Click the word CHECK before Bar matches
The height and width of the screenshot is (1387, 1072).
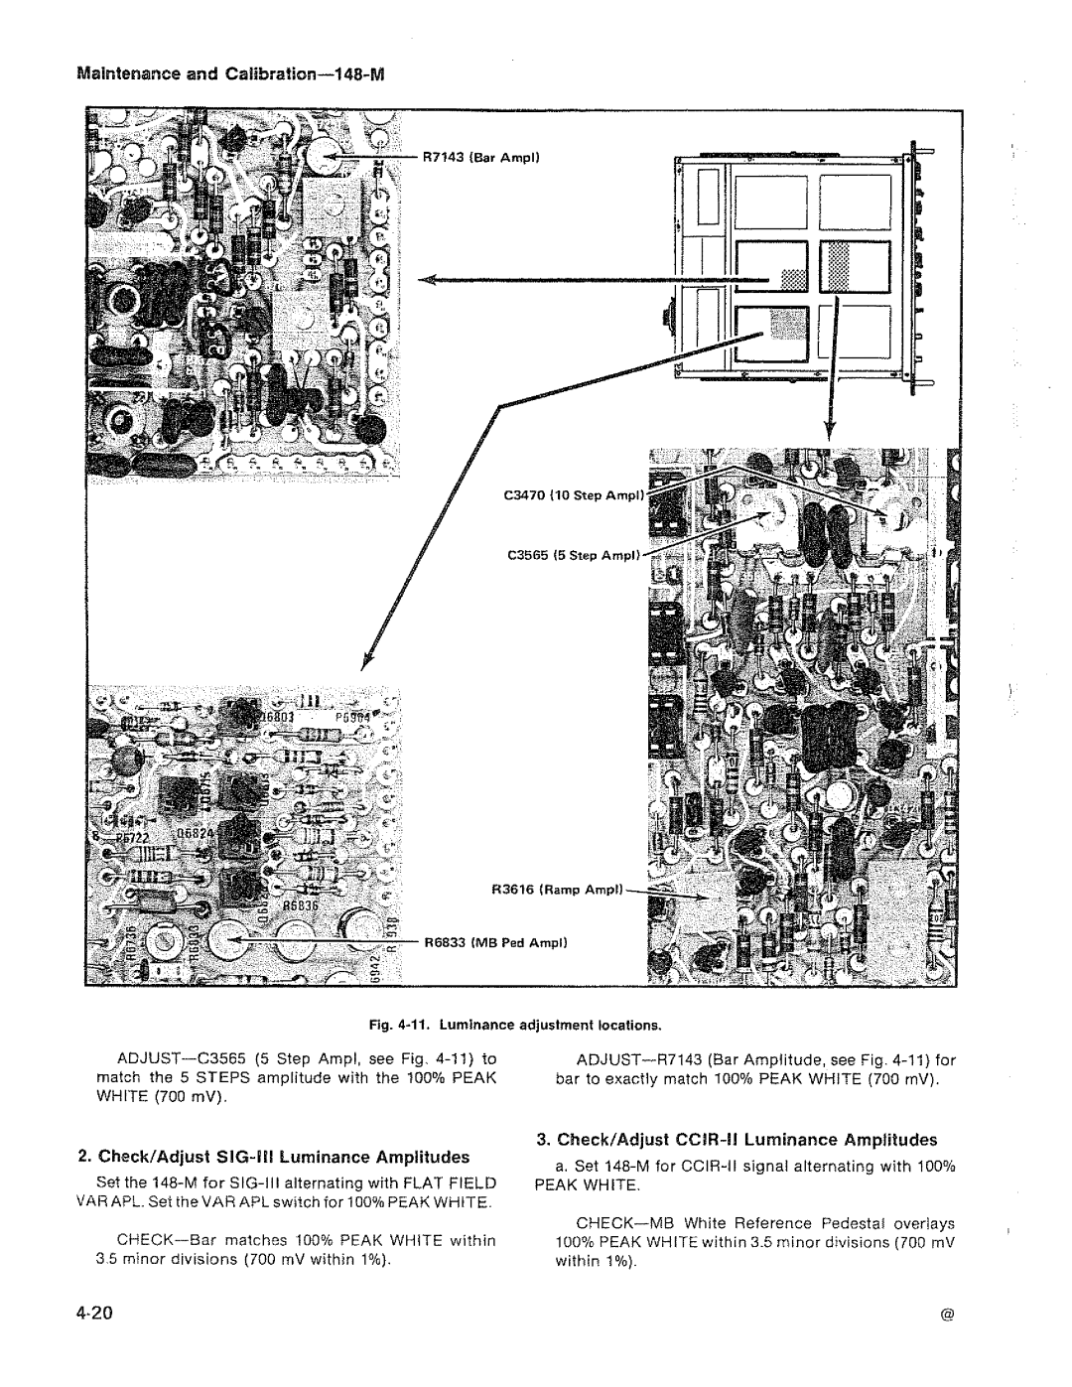[x=150, y=1240]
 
